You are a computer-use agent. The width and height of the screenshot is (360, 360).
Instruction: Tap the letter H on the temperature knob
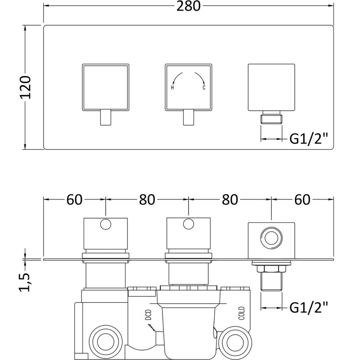coord(172,88)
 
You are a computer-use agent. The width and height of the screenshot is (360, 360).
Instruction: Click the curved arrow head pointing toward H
coord(173,81)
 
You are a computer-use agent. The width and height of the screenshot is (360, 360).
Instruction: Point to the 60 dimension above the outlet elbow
coord(302,199)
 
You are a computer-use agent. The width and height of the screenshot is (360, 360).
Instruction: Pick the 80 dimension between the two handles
coord(147,199)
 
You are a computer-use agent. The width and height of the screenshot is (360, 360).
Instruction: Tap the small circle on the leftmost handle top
coord(106,224)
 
